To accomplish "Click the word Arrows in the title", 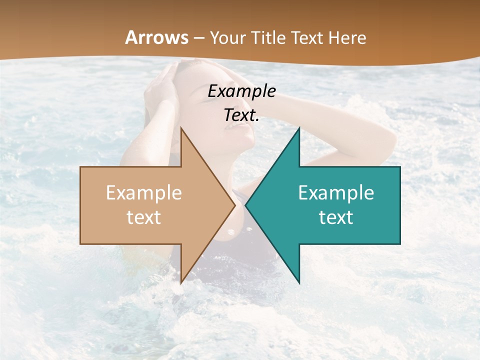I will (157, 37).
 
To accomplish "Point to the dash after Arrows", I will (198, 38).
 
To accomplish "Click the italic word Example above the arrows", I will (242, 91).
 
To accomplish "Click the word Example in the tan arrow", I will (144, 193).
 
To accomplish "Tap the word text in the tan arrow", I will (144, 217).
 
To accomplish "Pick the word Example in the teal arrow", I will (336, 193).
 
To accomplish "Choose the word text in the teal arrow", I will (336, 217).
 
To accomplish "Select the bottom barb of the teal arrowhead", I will (298, 281).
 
